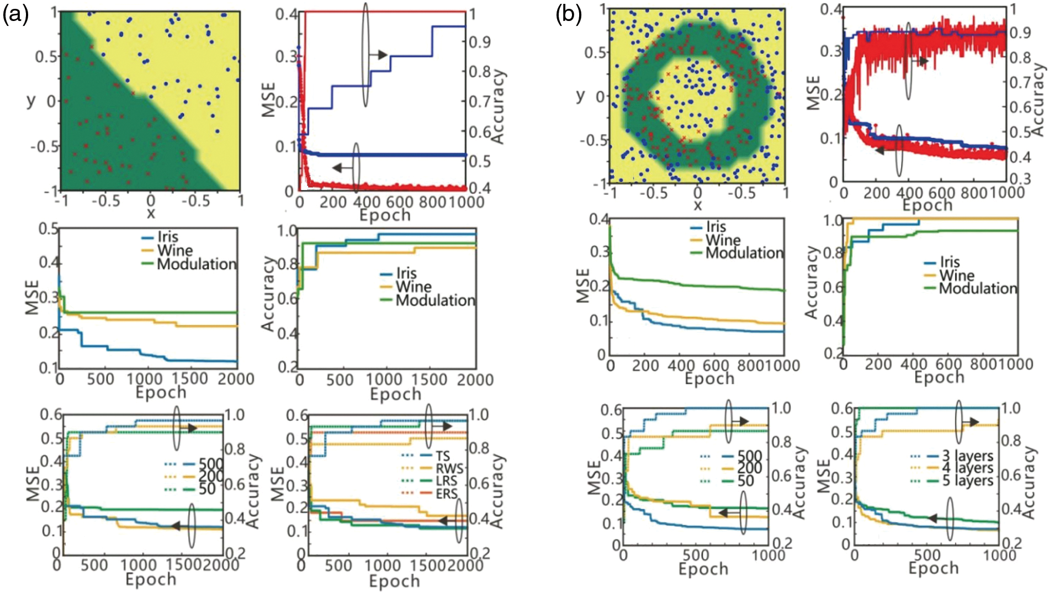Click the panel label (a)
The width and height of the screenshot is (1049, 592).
pyautogui.click(x=16, y=15)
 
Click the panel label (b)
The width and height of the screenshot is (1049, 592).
pyautogui.click(x=569, y=15)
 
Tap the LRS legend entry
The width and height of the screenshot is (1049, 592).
pyautogui.click(x=446, y=481)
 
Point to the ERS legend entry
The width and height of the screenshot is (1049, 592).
pyautogui.click(x=446, y=494)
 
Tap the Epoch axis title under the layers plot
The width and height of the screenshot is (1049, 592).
pyautogui.click(x=934, y=568)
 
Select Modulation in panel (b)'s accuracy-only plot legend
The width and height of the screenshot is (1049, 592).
pyautogui.click(x=978, y=288)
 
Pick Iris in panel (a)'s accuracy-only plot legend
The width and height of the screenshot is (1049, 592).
pyautogui.click(x=406, y=273)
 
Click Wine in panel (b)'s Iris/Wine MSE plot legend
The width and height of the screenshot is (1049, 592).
pyautogui.click(x=723, y=240)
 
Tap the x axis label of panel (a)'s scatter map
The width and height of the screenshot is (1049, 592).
pyautogui.click(x=150, y=213)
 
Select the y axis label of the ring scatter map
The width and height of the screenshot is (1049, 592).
pyautogui.click(x=580, y=96)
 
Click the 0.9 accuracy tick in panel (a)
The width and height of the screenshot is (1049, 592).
pyautogui.click(x=480, y=42)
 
